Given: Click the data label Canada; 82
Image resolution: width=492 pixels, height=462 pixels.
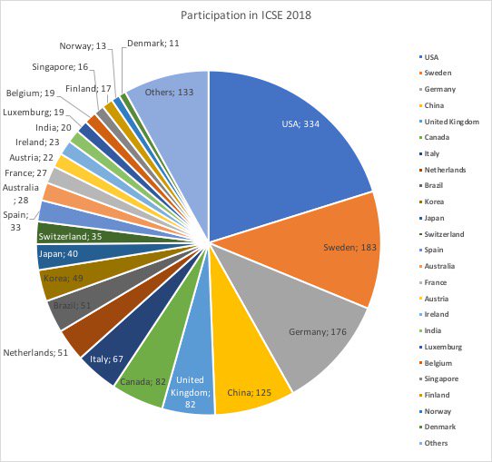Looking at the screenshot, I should point(142,381).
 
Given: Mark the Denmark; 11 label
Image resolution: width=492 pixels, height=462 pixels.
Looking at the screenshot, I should point(153,43).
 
